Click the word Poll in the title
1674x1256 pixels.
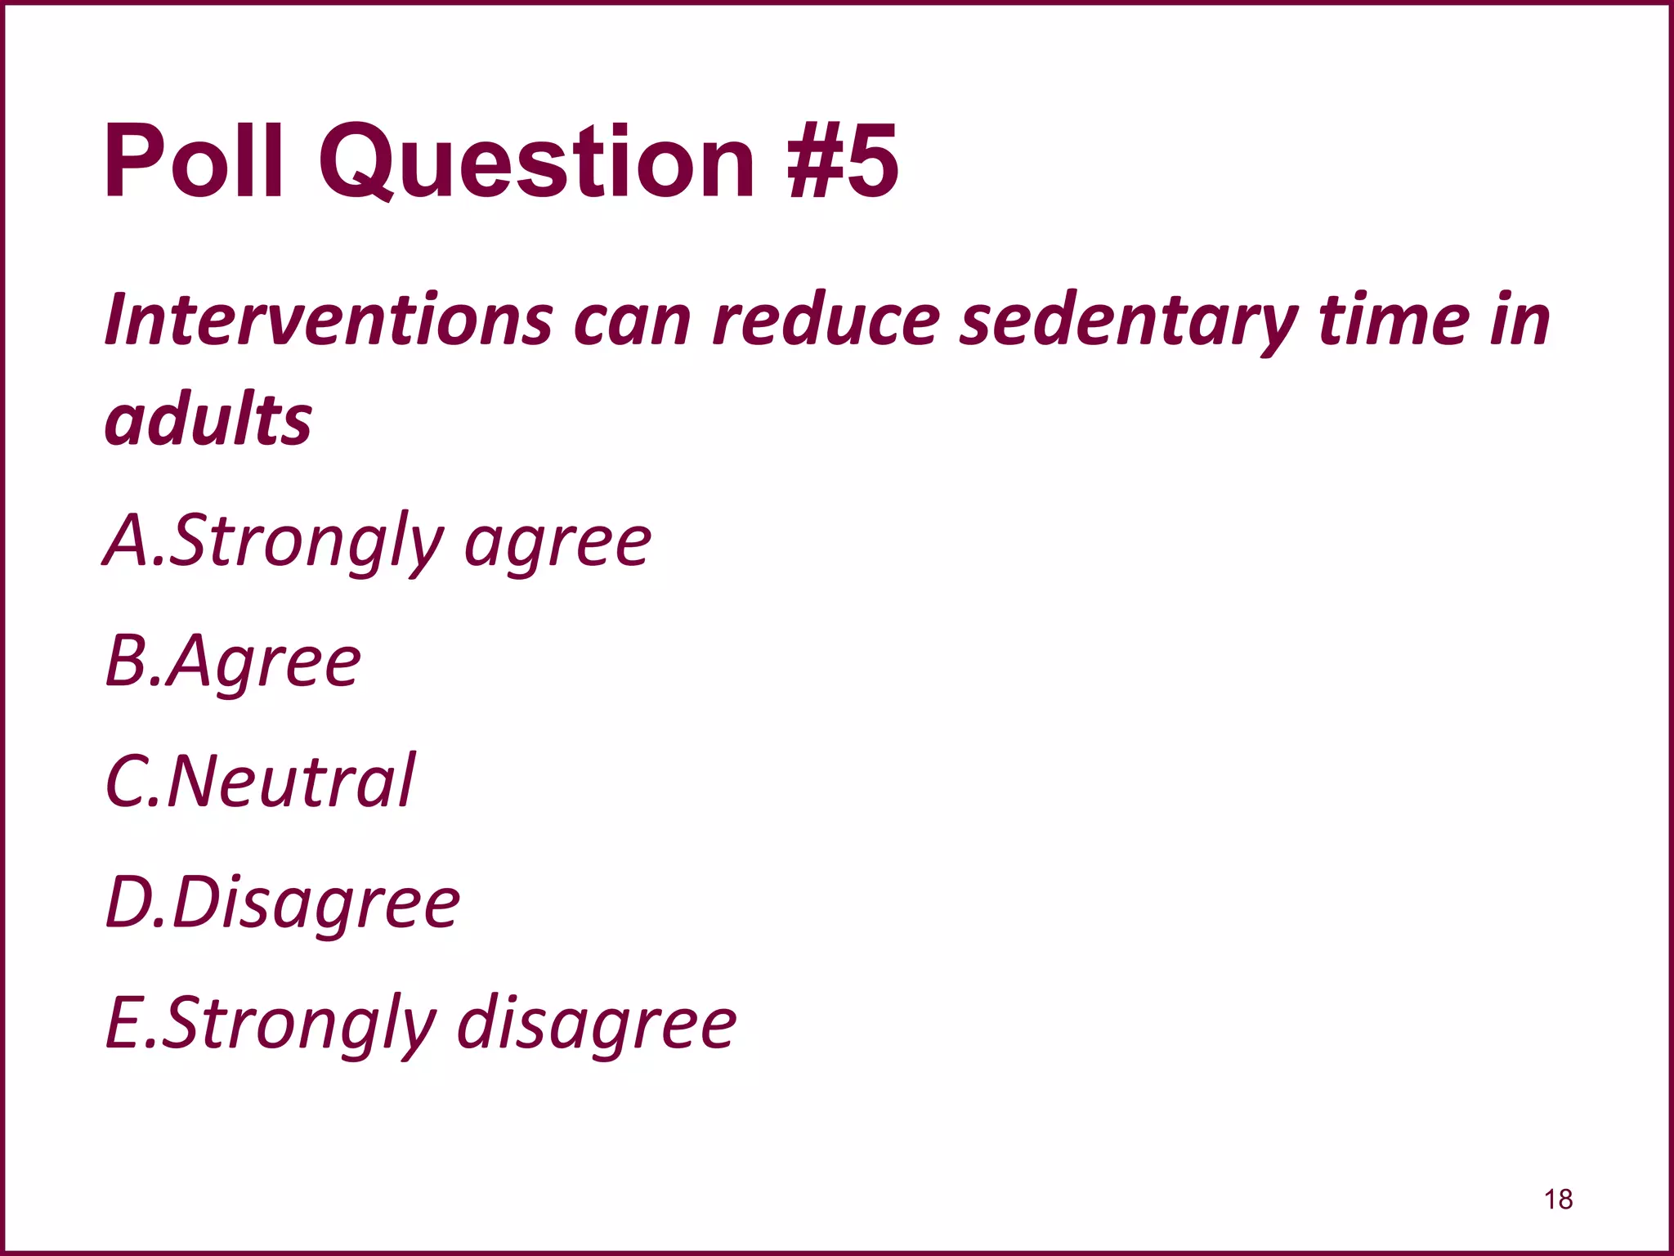click(x=194, y=161)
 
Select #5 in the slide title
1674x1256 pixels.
click(x=842, y=161)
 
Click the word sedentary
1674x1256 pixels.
click(x=1128, y=321)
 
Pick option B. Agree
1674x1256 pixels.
click(x=233, y=662)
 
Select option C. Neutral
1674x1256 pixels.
click(x=260, y=782)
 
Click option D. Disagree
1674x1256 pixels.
click(x=283, y=903)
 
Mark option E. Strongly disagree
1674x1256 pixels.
click(x=421, y=1023)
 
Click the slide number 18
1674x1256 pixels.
click(x=1558, y=1199)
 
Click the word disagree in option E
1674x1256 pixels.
click(x=597, y=1025)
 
